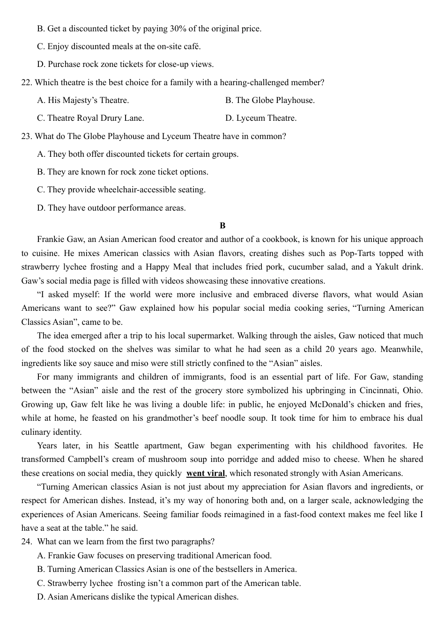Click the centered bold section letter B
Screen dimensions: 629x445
click(222, 226)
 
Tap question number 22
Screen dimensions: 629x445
click(26, 83)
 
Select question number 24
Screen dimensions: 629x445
click(26, 542)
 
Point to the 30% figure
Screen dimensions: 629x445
click(178, 29)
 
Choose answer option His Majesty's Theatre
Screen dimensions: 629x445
click(88, 101)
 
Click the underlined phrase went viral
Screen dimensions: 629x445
click(206, 474)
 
